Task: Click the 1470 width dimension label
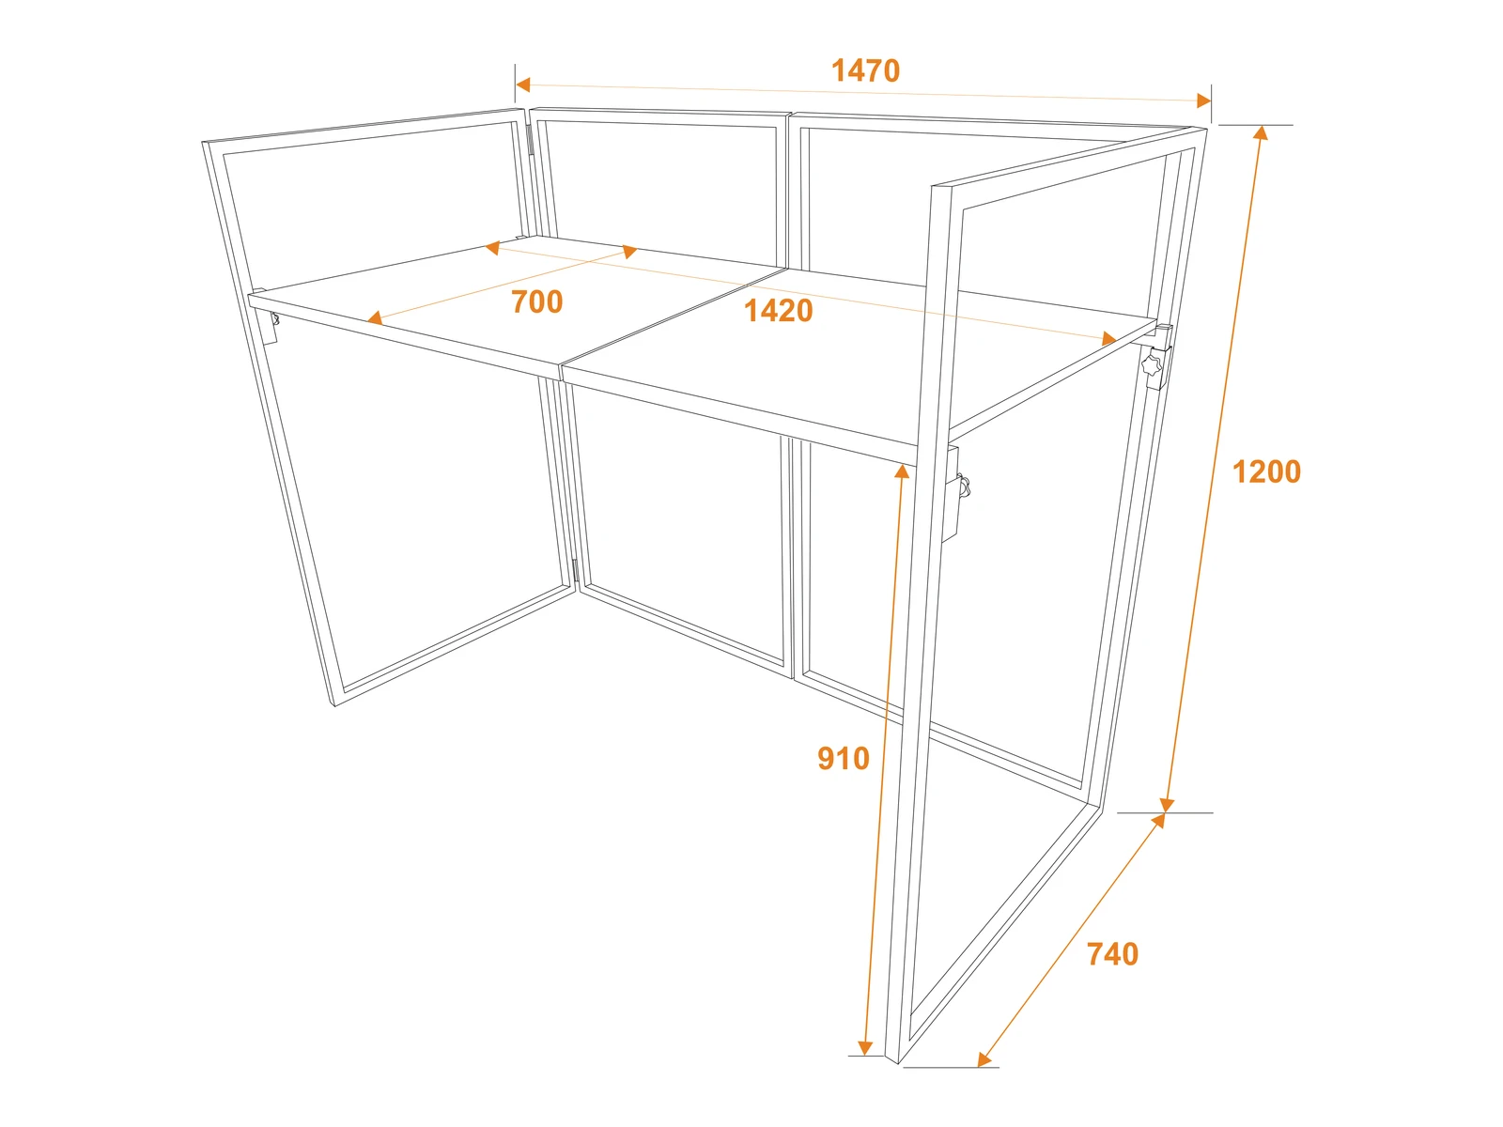865,70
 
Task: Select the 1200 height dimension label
1266,472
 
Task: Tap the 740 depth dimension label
1112,954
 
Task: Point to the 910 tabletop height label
843,759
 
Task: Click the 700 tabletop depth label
536,301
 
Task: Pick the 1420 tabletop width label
778,311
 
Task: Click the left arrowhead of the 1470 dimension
522,85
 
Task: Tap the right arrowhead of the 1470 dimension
1203,100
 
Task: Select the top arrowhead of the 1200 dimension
1262,132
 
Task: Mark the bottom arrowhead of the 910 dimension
865,1047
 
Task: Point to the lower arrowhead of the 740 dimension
984,1059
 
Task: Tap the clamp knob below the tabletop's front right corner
965,486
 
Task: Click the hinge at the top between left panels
530,139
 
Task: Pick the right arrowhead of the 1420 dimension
1108,339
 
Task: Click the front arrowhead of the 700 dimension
375,317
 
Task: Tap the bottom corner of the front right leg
898,1063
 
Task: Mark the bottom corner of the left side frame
334,705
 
